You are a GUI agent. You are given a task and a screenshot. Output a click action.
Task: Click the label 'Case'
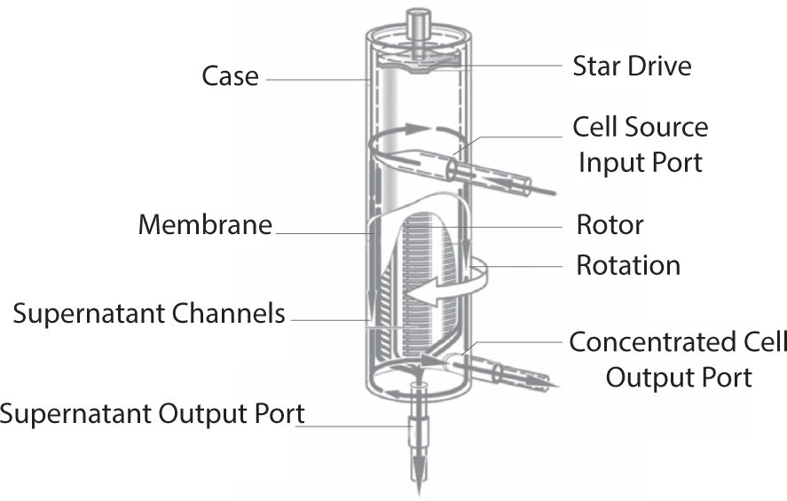click(230, 75)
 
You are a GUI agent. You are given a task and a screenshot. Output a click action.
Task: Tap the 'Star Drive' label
click(632, 65)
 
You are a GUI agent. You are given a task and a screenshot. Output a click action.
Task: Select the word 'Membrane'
click(204, 224)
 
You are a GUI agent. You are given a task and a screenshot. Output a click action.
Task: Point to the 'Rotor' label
click(610, 224)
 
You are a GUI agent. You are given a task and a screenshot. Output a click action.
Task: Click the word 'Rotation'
click(628, 265)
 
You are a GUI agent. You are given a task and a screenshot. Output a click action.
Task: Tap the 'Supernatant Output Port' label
click(153, 413)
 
